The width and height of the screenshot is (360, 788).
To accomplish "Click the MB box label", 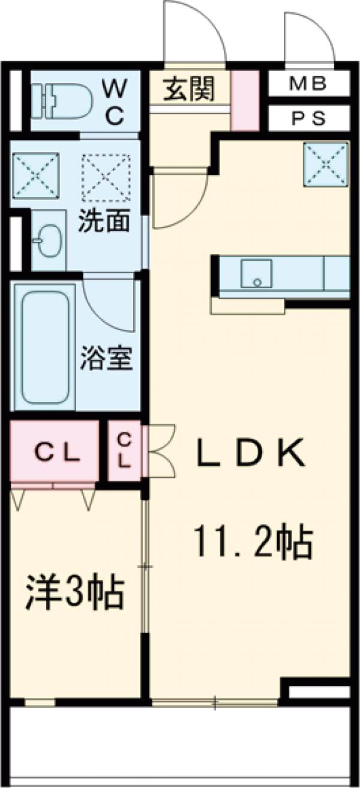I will [x=308, y=84].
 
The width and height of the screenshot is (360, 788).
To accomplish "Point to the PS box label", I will [x=308, y=118].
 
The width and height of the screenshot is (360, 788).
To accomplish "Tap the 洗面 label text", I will [x=104, y=222].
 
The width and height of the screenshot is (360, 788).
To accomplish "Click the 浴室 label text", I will [x=107, y=359].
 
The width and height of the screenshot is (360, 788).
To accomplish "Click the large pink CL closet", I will [x=54, y=451].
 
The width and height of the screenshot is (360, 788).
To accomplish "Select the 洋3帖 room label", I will [x=74, y=592].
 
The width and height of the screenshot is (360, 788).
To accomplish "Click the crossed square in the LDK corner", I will [x=326, y=164].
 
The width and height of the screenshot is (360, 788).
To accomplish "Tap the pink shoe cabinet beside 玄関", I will [x=245, y=100].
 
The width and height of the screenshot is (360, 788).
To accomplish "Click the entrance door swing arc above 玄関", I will [x=195, y=30].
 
